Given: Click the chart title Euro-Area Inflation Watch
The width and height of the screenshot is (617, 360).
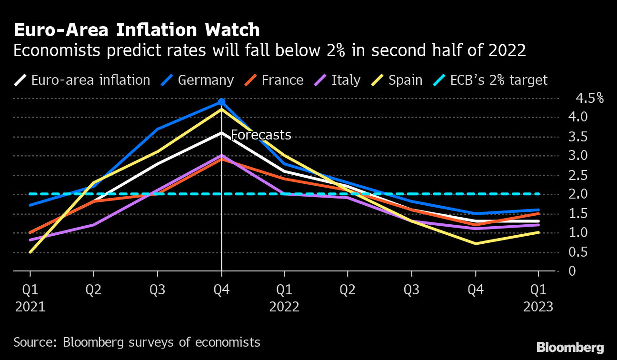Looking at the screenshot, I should (137, 30).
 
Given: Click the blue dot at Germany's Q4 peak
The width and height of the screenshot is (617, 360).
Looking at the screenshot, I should (221, 102).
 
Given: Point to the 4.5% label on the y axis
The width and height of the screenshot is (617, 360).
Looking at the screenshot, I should (589, 99).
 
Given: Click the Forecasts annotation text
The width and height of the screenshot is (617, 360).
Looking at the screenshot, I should (261, 135).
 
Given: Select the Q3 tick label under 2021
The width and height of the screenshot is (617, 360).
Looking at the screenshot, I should (158, 290).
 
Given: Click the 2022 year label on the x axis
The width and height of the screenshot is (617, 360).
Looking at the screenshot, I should (284, 307).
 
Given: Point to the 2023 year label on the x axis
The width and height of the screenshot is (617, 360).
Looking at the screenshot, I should (538, 307).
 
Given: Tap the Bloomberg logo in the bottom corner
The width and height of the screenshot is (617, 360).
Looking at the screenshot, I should (570, 347).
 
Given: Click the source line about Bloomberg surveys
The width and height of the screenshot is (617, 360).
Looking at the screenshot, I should (137, 342).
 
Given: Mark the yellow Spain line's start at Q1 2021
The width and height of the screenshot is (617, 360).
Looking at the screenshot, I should (30, 252).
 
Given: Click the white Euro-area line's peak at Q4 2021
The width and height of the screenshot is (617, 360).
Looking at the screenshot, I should (221, 133).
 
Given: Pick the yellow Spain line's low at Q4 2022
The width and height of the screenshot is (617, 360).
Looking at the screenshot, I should (475, 243).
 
